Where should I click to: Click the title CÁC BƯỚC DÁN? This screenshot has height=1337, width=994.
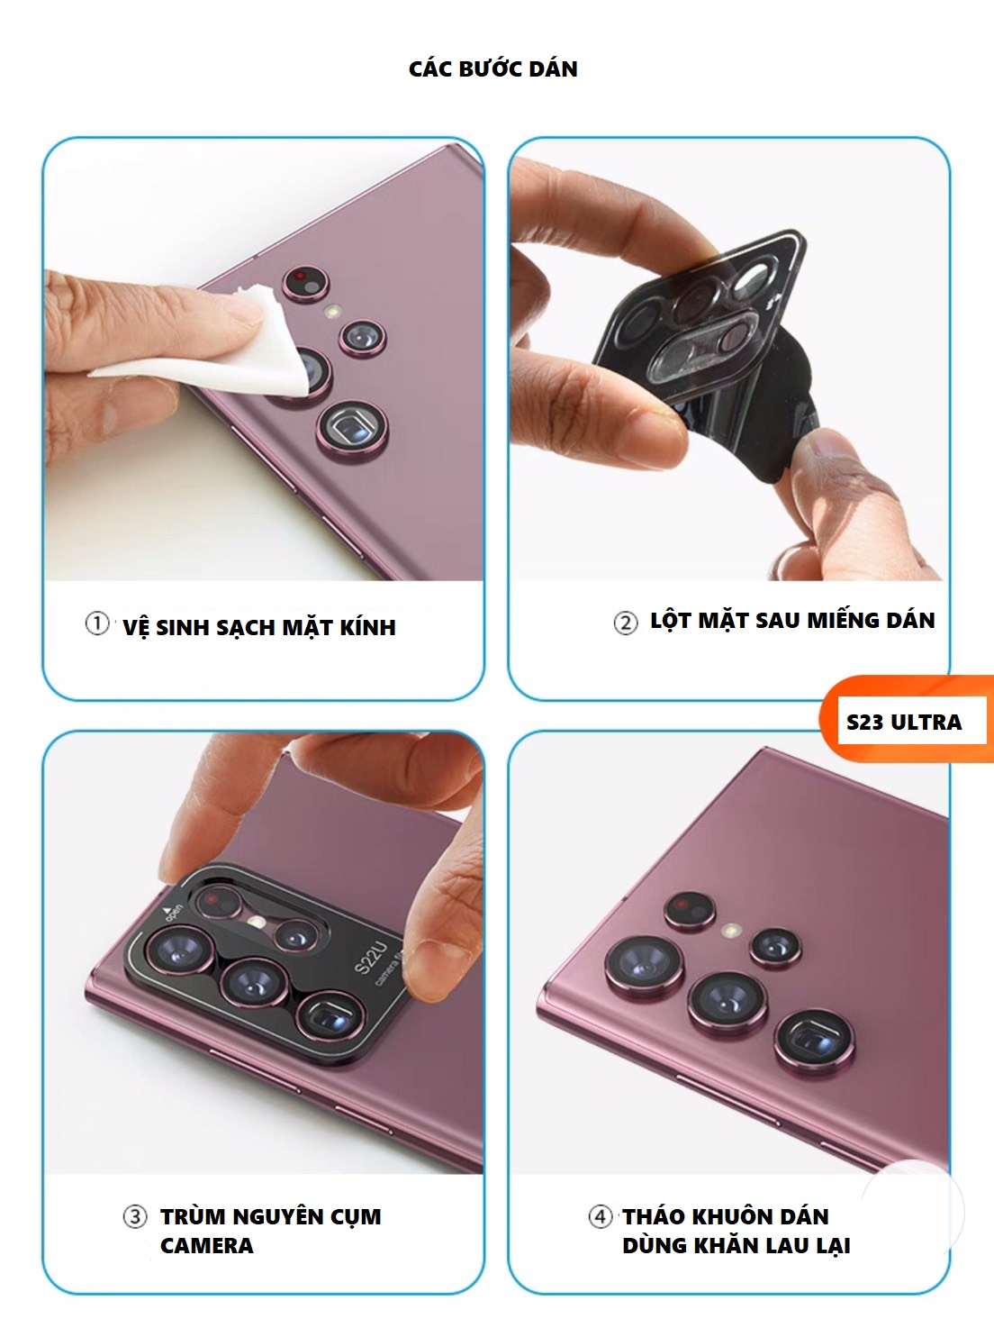tap(492, 68)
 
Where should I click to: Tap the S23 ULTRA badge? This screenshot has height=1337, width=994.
tap(904, 722)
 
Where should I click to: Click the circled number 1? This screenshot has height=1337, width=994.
tap(97, 623)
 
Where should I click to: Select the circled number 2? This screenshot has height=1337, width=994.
tap(626, 623)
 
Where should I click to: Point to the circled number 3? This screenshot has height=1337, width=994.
tap(134, 1216)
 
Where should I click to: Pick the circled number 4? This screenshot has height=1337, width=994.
tap(600, 1216)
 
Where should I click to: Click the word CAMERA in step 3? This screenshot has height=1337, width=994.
tap(206, 1245)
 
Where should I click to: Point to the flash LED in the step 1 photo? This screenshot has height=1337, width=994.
tap(333, 312)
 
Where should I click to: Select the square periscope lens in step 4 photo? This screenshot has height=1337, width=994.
tap(814, 1039)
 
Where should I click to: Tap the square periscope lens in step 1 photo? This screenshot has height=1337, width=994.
tap(352, 429)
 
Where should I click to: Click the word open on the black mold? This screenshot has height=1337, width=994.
tap(172, 913)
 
